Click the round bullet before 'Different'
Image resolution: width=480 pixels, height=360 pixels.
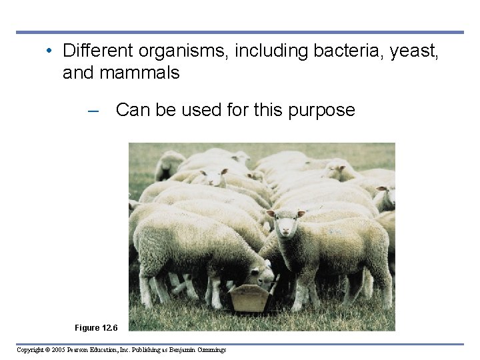pos(51,51)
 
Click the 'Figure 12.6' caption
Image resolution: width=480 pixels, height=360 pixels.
pos(97,327)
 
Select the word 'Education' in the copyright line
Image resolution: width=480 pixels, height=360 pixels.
pos(118,350)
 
